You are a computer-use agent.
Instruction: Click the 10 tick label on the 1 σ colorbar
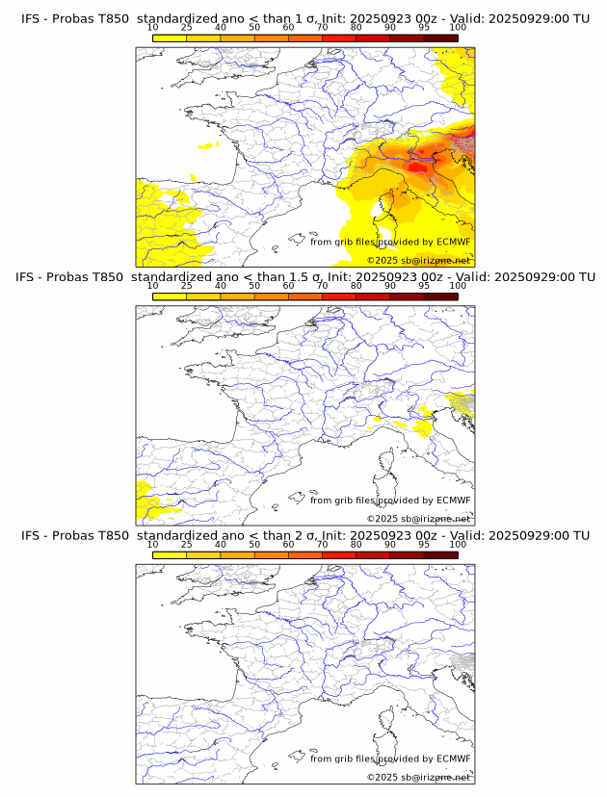pos(153,27)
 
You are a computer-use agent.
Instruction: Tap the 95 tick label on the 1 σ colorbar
pos(424,27)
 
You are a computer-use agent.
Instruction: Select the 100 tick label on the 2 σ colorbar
pos(457,544)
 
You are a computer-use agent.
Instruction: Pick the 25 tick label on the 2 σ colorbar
pos(187,544)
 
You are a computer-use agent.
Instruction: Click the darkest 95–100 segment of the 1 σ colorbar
pos(440,38)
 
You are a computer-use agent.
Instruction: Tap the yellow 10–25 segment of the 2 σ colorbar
pos(170,554)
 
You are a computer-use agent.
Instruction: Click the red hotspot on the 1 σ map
pos(418,167)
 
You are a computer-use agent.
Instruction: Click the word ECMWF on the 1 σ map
pos(453,242)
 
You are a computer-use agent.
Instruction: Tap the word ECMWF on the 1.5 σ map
pos(453,501)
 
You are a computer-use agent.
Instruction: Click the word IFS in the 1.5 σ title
pos(31,277)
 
